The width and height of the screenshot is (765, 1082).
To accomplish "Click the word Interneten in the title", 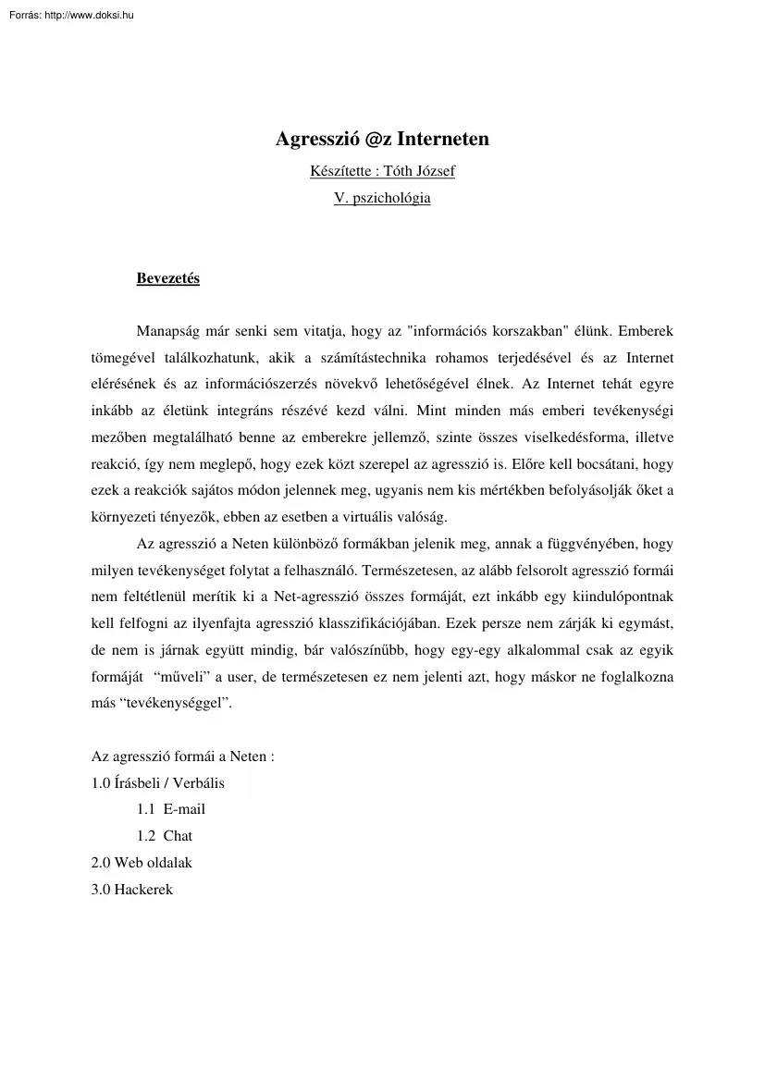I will [x=443, y=140].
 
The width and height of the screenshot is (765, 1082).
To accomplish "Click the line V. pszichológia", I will [x=382, y=198].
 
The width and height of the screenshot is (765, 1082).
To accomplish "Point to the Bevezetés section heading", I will [x=167, y=278].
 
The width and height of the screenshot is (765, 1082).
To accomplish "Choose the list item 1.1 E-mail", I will [x=171, y=809].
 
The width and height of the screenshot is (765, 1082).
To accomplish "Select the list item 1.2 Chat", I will [x=165, y=836].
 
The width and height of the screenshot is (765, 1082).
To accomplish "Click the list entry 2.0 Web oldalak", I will [x=142, y=863].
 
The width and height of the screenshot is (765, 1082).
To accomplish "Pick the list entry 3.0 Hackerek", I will [x=132, y=890].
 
